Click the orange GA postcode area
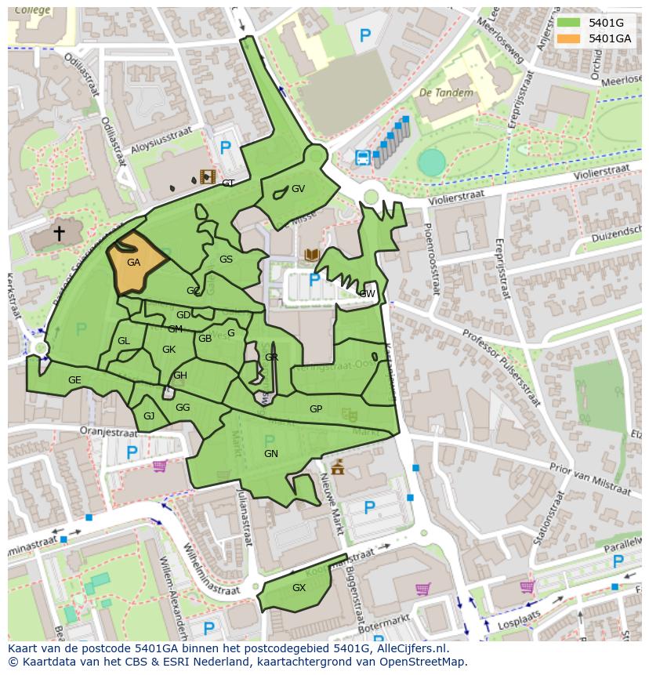[135, 263]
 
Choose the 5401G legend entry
[599, 23]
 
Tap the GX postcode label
[299, 587]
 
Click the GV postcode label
[298, 189]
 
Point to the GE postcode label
[74, 380]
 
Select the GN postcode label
[271, 454]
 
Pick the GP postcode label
[316, 409]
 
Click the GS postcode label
[226, 259]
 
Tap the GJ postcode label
[149, 416]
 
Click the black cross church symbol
[59, 233]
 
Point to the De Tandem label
[446, 93]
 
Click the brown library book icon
[311, 255]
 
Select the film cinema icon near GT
[207, 176]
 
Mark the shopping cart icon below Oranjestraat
[160, 466]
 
